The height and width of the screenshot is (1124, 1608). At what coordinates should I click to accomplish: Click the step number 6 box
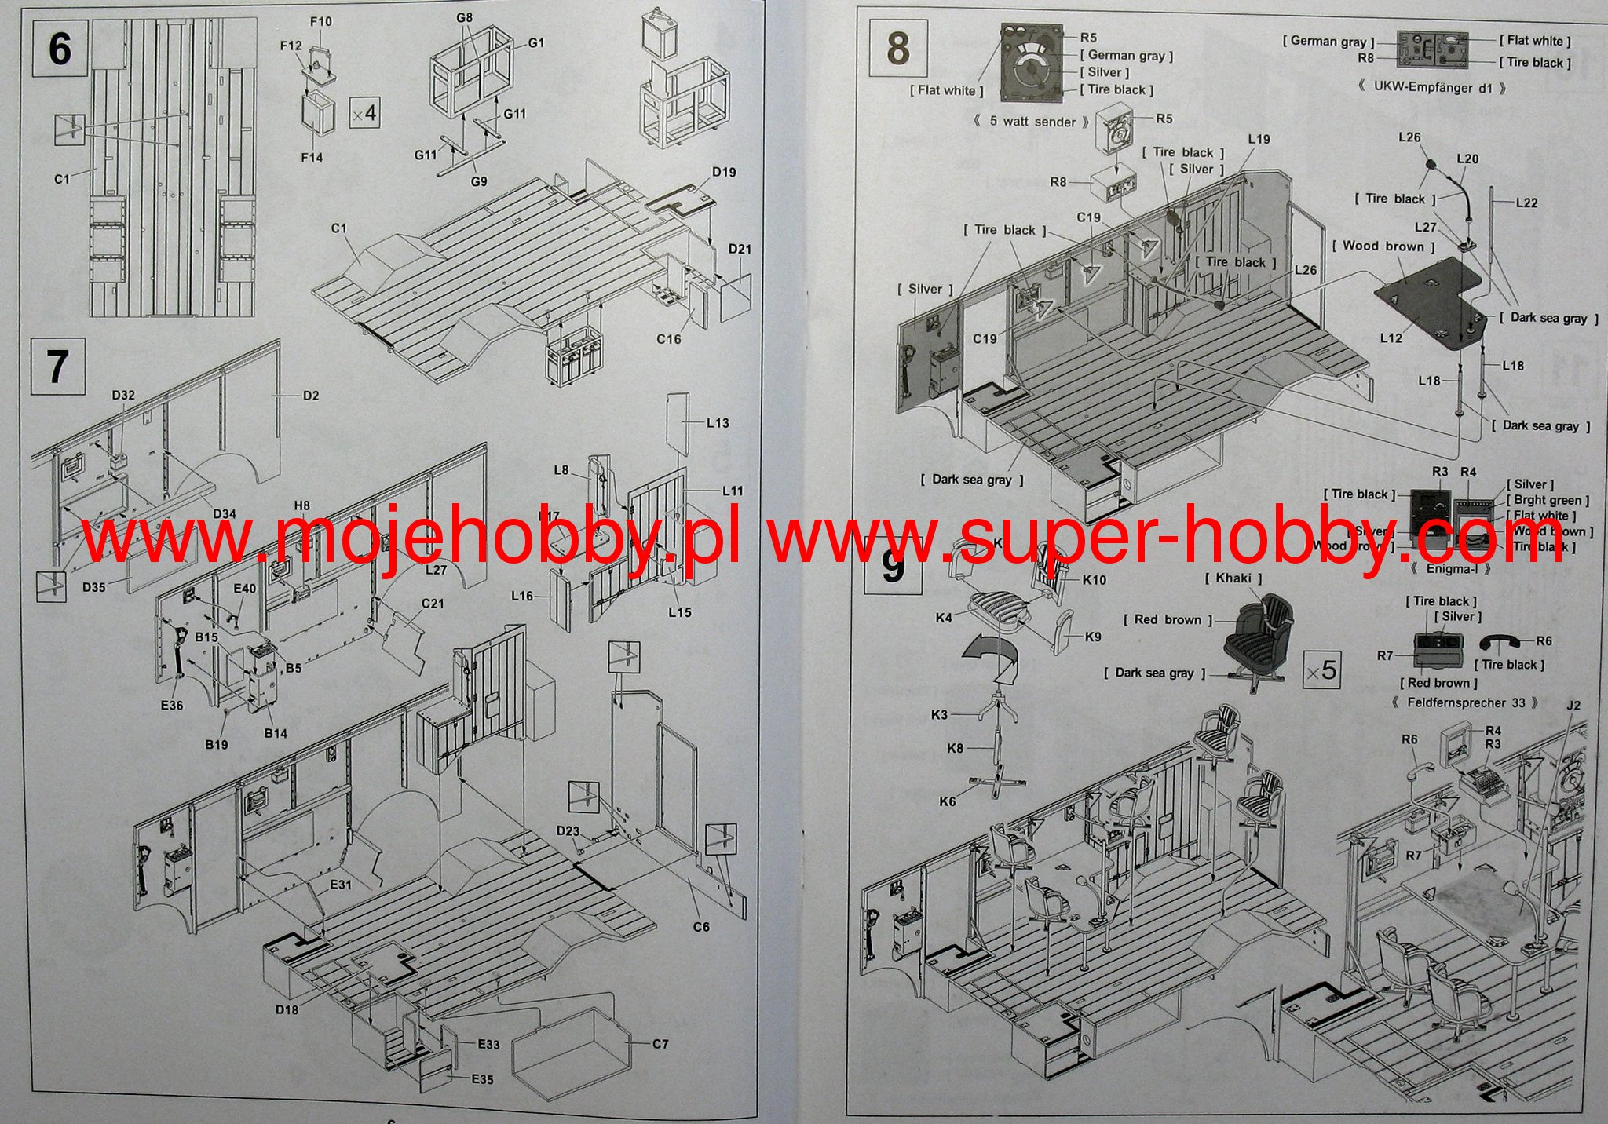60,49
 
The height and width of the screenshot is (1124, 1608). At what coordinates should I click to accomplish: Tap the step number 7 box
57,367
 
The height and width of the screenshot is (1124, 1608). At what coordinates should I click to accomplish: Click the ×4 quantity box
364,114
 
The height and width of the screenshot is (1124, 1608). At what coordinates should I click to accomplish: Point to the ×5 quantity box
1321,670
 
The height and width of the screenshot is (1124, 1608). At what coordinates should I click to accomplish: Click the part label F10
320,22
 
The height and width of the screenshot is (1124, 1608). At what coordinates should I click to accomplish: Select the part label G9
479,181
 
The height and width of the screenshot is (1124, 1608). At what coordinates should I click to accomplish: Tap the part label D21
740,249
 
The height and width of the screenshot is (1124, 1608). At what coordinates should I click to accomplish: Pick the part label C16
669,339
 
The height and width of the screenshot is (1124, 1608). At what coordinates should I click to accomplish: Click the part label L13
718,423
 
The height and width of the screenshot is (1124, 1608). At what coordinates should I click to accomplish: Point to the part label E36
171,705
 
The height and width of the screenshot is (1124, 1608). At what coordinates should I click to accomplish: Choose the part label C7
660,1044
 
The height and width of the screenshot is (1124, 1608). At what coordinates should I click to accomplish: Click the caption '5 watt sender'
1032,122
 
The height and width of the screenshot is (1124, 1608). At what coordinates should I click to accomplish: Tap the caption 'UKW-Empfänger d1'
1432,88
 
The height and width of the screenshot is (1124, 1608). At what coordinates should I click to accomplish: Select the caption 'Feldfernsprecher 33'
1465,702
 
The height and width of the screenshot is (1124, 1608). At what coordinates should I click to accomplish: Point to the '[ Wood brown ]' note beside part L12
1383,246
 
